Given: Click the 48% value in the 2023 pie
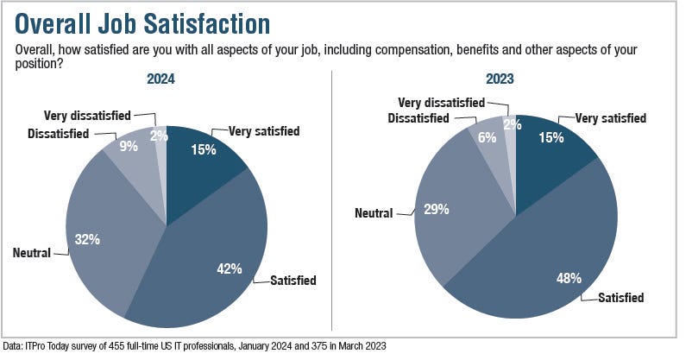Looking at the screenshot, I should (x=569, y=279).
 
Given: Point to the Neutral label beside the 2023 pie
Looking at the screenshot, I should (x=372, y=212).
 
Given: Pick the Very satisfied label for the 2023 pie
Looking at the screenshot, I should (x=611, y=118).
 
